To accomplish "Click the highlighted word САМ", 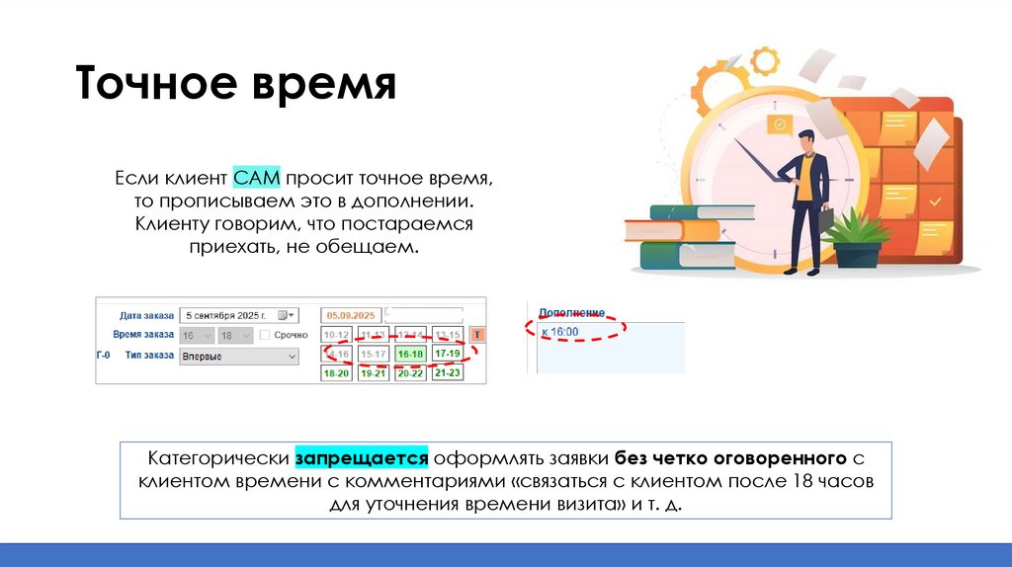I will coord(258,178).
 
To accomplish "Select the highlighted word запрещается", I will coord(360,458).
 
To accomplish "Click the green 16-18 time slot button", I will coord(409,354).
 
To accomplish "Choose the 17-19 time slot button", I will coord(448,354).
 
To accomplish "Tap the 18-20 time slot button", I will coord(337,373).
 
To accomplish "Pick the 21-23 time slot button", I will coord(448,373).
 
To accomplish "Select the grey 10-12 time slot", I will coord(337,335).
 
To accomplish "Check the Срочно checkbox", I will coord(265,335).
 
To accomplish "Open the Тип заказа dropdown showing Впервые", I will coord(237,357).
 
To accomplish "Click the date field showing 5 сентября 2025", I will coord(231,315).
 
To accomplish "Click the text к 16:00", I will coord(560,331).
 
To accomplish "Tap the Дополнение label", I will coord(571,312).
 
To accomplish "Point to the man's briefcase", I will coord(826,218).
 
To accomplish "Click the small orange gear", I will coord(764,61).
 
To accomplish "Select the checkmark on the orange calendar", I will coord(934,202).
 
